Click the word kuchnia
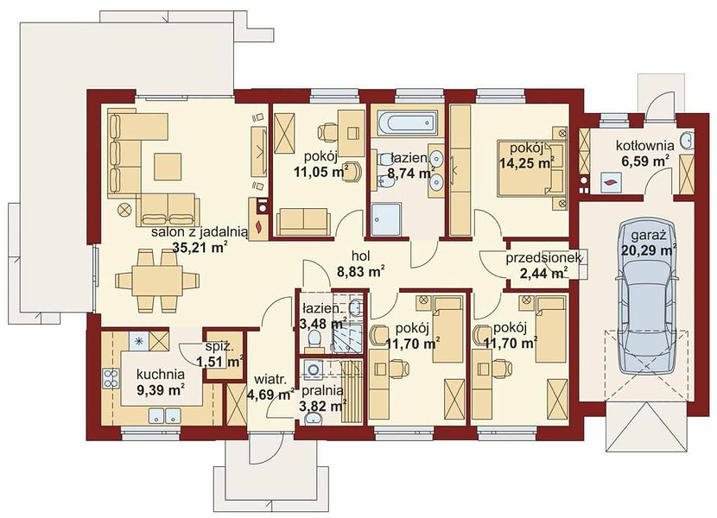pos(161,374)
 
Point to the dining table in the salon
pos(158,280)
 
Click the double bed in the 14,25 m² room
pos(531,168)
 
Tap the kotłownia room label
pos(644,146)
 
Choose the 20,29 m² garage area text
pos(649,250)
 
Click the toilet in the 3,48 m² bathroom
pos(314,341)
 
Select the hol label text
pos(361,255)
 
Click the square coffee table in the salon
pos(168,167)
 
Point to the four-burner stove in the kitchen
pos(111,378)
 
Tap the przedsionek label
pos(543,258)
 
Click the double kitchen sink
pos(164,415)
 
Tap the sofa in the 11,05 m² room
pos(304,221)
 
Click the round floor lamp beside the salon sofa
pos(124,211)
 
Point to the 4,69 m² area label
pos(270,394)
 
